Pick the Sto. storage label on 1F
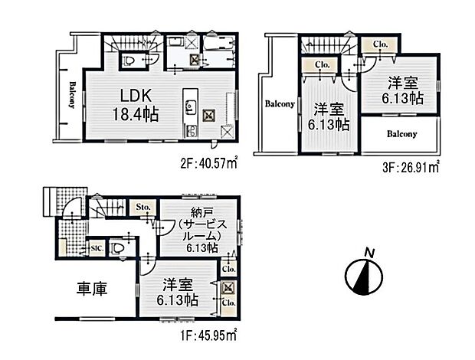pos(143,207)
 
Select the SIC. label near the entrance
pos(97,248)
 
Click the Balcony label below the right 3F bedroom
pos(401,134)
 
